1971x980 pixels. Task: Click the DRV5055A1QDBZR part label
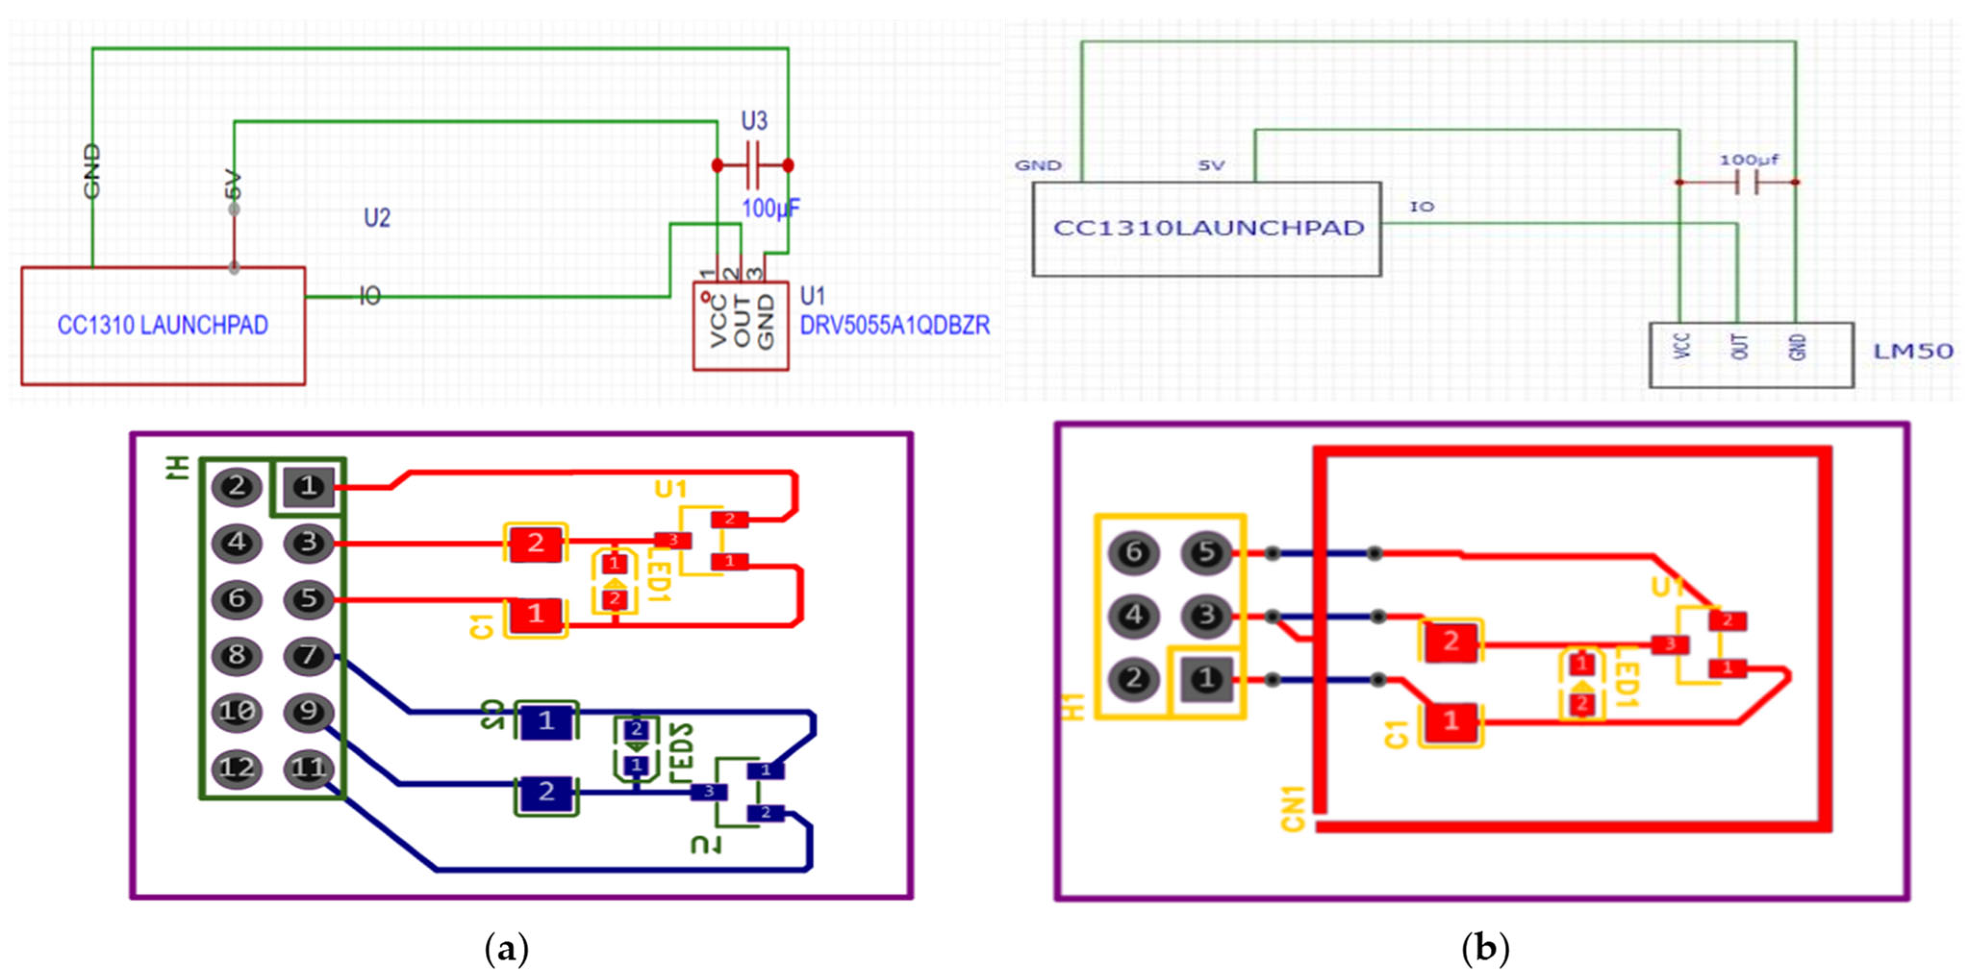(x=894, y=326)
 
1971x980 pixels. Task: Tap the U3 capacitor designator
(x=753, y=121)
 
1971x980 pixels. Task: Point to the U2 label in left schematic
(x=377, y=218)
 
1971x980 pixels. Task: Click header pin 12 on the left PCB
(x=237, y=768)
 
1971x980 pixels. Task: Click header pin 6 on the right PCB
(x=1134, y=552)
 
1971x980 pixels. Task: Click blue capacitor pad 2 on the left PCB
(x=546, y=791)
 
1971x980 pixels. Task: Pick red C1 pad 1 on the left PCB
(x=536, y=614)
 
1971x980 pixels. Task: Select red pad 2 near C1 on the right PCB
(x=1451, y=641)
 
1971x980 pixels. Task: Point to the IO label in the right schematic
(x=1421, y=207)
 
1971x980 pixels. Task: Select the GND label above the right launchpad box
(x=1038, y=165)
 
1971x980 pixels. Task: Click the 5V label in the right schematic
(x=1211, y=165)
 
